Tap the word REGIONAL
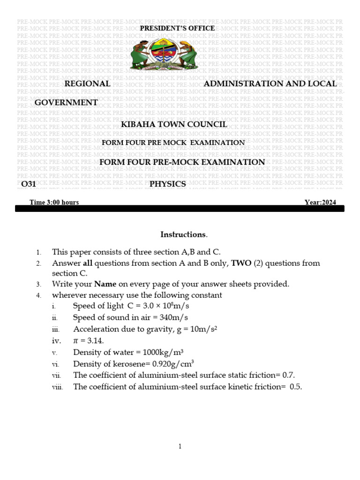point(87,83)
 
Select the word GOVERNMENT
point(67,102)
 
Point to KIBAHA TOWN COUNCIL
point(174,124)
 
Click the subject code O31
point(29,184)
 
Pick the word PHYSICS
point(168,184)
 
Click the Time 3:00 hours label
point(54,202)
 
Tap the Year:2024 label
point(320,202)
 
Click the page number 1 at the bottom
point(180,447)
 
